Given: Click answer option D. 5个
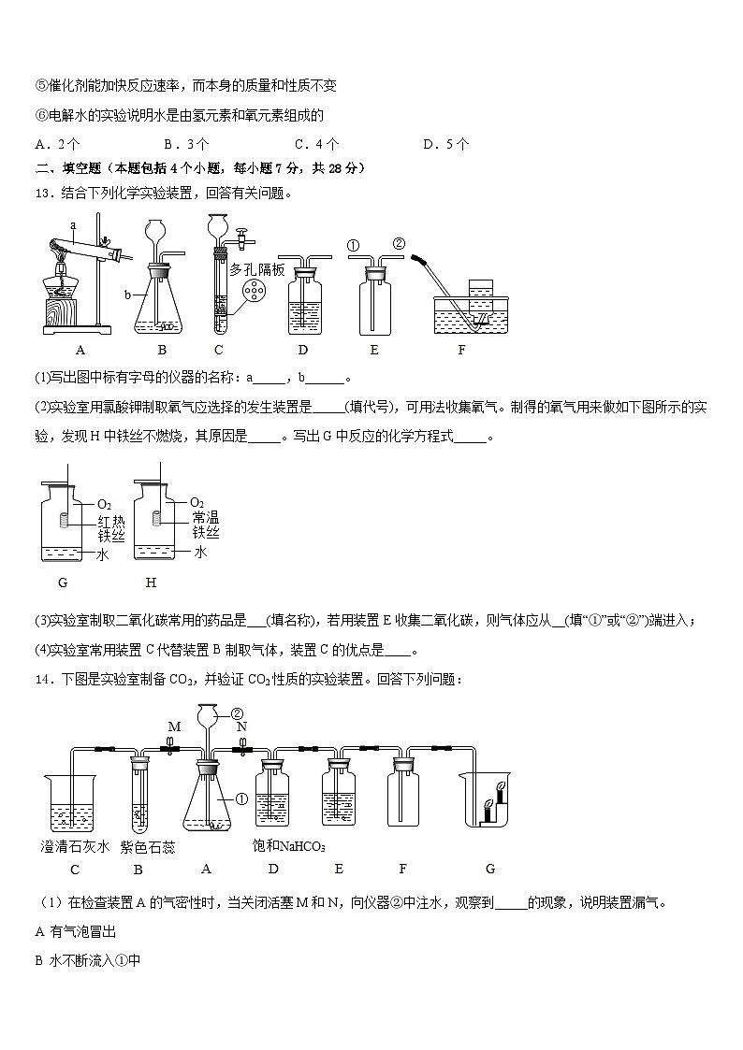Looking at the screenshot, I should (445, 144).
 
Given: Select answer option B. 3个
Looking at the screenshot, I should (185, 144).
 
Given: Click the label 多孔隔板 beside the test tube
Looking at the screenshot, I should (256, 269).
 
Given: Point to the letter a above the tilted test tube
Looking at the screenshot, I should (72, 225).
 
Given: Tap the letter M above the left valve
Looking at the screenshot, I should (173, 726).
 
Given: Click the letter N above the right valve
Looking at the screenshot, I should (241, 726).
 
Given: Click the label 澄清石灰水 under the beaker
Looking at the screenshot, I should (75, 847).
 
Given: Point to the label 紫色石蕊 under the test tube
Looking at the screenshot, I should (148, 847).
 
